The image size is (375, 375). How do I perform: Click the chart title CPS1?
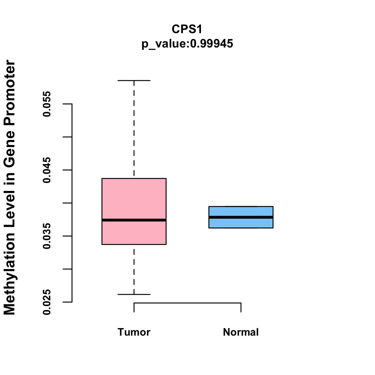(x=187, y=29)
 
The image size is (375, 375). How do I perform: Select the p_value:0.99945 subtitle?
(x=187, y=44)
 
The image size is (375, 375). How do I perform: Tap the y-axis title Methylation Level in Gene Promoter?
(x=10, y=187)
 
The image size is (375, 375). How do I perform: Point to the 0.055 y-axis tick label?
(x=47, y=104)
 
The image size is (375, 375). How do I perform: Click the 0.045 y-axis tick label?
(x=47, y=170)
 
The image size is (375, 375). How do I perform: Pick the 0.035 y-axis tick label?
(x=47, y=236)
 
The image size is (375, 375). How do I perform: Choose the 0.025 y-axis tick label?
(x=47, y=302)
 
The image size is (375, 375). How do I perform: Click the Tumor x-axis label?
(x=134, y=332)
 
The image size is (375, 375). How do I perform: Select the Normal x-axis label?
(x=241, y=332)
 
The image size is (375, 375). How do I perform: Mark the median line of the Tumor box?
(x=134, y=220)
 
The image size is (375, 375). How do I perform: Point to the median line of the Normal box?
(x=241, y=217)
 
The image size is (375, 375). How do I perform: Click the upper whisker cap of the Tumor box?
(x=134, y=81)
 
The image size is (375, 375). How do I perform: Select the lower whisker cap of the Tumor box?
(x=134, y=294)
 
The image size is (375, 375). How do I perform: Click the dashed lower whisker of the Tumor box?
(x=134, y=269)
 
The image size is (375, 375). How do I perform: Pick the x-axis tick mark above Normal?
(x=241, y=307)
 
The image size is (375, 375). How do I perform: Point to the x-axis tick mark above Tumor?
(x=134, y=307)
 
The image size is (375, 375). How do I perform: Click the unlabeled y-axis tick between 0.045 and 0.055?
(x=67, y=137)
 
